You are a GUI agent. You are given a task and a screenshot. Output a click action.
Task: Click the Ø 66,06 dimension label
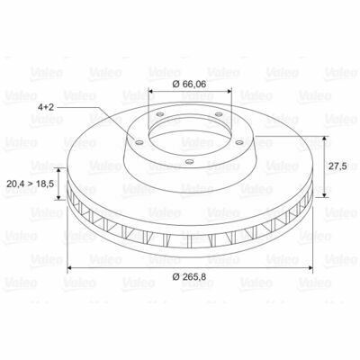coord(190,85)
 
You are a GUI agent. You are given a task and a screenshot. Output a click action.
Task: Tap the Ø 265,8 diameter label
coord(190,276)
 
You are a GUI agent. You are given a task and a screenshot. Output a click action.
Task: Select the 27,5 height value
coord(337,166)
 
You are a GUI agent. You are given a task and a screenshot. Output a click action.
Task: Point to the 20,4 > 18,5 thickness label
coord(30,184)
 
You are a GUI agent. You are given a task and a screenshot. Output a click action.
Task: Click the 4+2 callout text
coord(46,107)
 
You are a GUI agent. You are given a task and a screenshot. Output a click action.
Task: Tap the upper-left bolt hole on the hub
coord(160,114)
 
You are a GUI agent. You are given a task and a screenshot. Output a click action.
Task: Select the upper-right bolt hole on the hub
coord(219,114)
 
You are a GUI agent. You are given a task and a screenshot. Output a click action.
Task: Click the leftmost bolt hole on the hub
coord(139,142)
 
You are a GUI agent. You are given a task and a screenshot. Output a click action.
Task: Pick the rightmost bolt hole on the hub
coord(239,142)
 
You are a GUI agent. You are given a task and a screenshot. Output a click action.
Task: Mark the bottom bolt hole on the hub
coord(189,162)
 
